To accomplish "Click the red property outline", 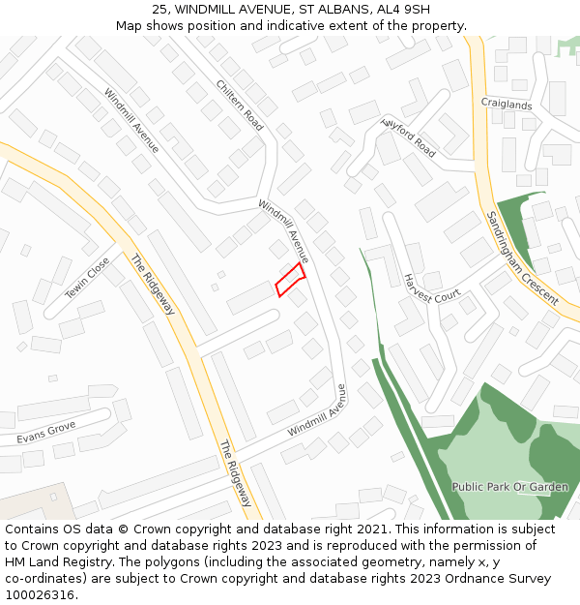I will click(x=290, y=280).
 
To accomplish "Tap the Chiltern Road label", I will click(x=241, y=105).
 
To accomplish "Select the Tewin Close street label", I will click(x=87, y=278).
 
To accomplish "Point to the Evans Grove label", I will click(x=45, y=432).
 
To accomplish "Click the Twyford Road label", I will click(x=409, y=136).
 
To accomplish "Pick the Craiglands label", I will click(x=507, y=105).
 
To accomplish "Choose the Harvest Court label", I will click(x=431, y=288).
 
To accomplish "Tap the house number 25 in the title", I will click(x=160, y=10).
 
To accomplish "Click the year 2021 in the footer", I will click(x=368, y=529).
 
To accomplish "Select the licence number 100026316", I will click(x=40, y=595).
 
